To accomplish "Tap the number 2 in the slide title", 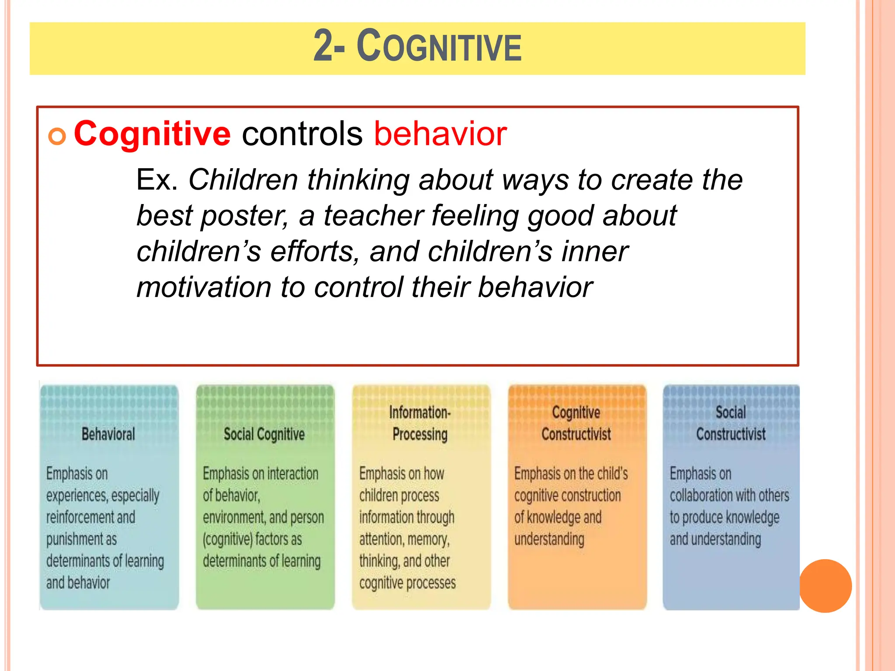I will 323,45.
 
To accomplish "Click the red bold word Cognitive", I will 152,133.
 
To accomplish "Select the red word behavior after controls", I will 440,133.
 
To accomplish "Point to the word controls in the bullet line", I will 302,133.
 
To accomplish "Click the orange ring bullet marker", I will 57,136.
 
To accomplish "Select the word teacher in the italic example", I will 373,216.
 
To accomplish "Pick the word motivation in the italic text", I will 204,287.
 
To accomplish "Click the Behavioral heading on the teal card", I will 108,434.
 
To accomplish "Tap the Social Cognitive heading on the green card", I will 264,434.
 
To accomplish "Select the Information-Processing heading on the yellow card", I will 420,423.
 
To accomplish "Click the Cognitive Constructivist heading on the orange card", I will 576,423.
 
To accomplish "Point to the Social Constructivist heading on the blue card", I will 731,423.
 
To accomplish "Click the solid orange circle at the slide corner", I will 825,586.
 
